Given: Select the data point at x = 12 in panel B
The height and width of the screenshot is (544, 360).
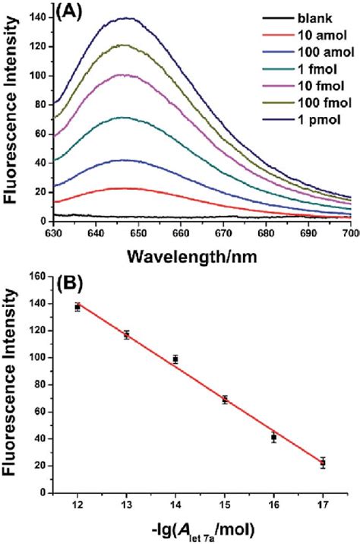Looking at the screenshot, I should [77, 307].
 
